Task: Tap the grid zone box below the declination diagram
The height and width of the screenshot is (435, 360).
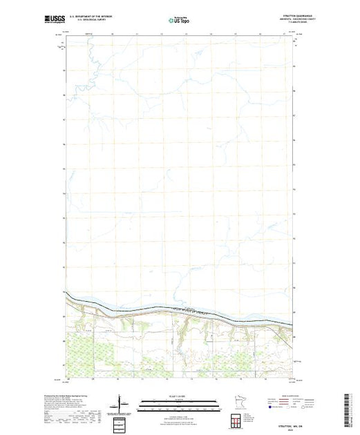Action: [x=120, y=420]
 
